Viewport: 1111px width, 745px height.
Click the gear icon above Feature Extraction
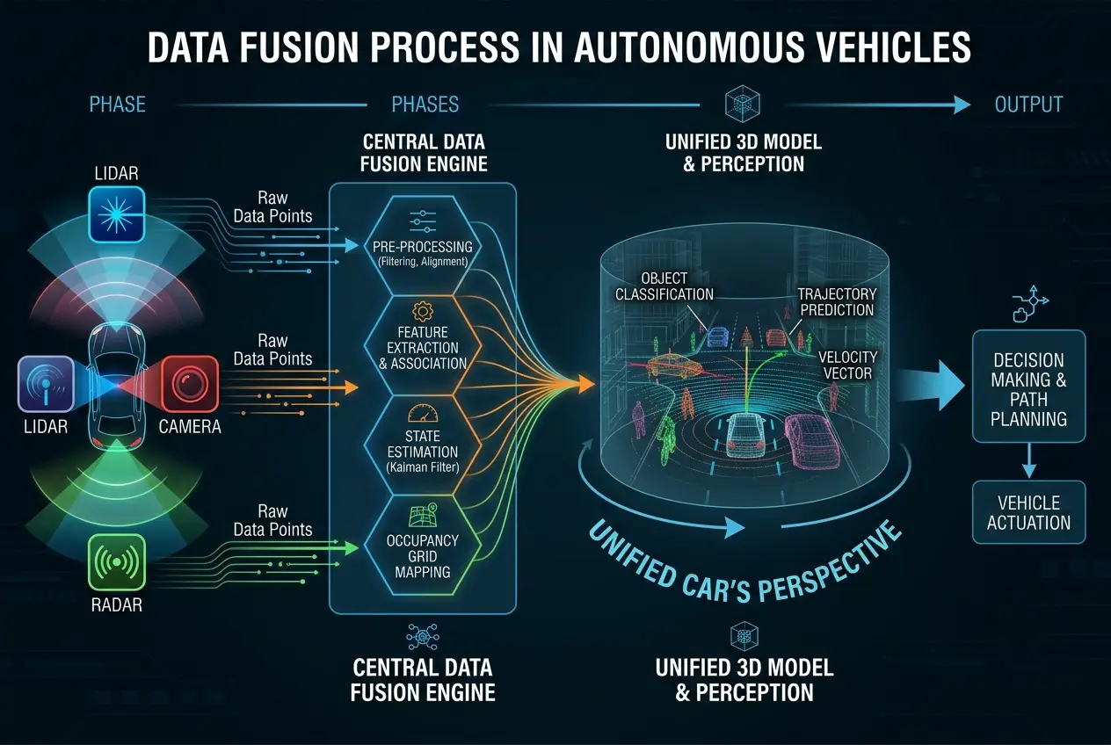423,309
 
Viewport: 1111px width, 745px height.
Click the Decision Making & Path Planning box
1027,387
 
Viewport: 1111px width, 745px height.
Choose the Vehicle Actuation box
1027,512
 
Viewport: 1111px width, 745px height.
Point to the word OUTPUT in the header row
1028,105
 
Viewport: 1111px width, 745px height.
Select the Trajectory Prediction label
835,301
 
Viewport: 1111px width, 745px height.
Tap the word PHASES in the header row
425,105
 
